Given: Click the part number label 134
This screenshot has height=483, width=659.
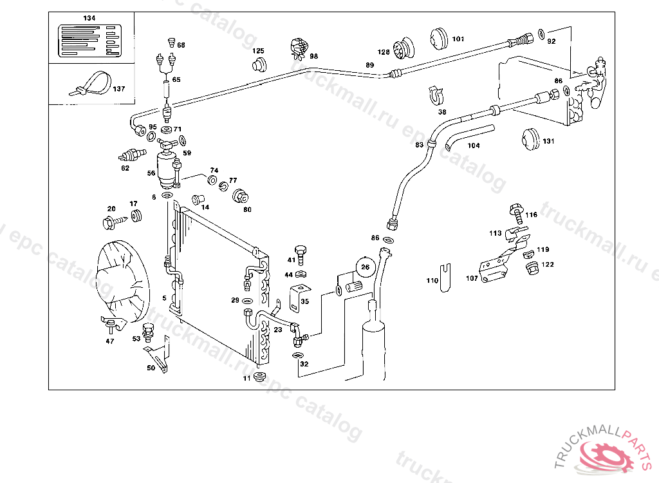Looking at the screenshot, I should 89,18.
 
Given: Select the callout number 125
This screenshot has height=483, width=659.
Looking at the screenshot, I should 258,50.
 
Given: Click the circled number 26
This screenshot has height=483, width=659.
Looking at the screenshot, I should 366,267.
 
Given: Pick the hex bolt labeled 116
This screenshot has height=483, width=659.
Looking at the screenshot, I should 516,209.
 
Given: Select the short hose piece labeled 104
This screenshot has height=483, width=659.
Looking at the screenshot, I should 469,134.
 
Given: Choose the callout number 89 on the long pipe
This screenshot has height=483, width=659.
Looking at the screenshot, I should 369,65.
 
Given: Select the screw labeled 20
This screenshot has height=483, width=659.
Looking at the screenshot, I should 110,222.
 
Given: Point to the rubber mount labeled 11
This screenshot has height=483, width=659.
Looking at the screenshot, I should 261,377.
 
